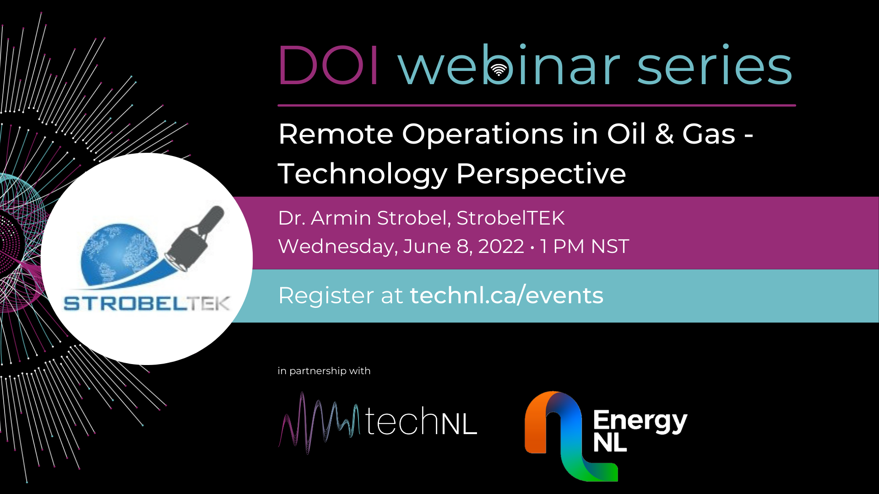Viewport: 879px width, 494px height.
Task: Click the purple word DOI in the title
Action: (328, 65)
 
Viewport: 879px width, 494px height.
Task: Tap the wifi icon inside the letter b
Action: (499, 70)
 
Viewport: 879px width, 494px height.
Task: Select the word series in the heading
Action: (714, 65)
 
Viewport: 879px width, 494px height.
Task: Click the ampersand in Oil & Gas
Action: (664, 134)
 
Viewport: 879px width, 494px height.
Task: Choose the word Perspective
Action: (541, 175)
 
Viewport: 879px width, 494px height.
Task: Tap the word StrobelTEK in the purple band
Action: (510, 218)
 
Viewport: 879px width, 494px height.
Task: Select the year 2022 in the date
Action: (501, 247)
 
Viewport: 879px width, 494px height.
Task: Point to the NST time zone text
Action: (610, 247)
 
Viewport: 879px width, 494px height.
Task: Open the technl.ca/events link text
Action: (507, 295)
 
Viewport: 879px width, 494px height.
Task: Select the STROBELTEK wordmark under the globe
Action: (146, 303)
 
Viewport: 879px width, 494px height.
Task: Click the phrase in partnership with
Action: (324, 371)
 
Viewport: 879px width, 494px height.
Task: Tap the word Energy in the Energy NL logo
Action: (640, 421)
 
